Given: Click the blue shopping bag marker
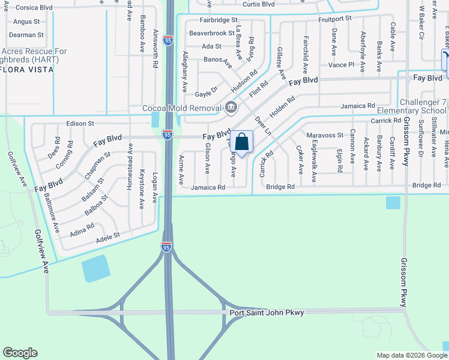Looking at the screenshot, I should [x=241, y=143].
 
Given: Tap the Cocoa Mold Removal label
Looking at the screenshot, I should [x=181, y=109].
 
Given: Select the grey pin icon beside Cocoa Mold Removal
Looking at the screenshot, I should [x=231, y=109].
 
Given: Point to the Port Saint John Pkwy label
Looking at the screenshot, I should [x=267, y=313].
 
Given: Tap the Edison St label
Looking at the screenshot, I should [x=81, y=123].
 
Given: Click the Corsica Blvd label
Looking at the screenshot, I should [x=33, y=8].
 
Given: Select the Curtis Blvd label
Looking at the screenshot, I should [x=259, y=4].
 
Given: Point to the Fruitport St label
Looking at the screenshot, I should [x=335, y=19].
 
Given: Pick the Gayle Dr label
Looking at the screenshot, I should [x=206, y=94].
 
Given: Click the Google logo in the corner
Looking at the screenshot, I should [x=20, y=353].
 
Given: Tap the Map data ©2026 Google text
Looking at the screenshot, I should [x=412, y=355].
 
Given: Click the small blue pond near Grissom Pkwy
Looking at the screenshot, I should [x=393, y=203].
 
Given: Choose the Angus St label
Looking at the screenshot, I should [x=26, y=22].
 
